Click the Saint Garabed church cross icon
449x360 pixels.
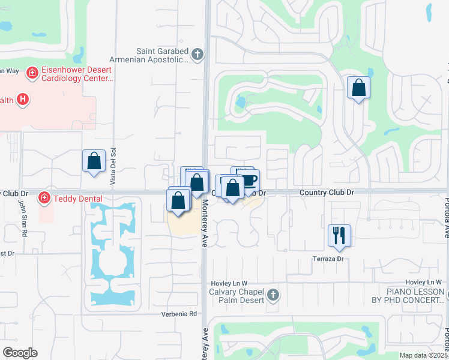tap(197, 55)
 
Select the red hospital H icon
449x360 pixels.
tap(23, 99)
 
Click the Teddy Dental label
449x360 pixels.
tap(77, 199)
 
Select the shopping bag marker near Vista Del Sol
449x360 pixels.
tap(94, 161)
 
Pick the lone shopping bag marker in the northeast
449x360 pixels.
tap(358, 88)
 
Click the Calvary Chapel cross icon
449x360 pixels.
tap(273, 295)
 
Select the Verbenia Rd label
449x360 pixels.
tap(179, 314)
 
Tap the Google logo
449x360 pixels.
tap(20, 352)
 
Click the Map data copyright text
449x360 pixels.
tap(423, 355)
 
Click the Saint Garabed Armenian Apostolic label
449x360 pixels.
tap(148, 55)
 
